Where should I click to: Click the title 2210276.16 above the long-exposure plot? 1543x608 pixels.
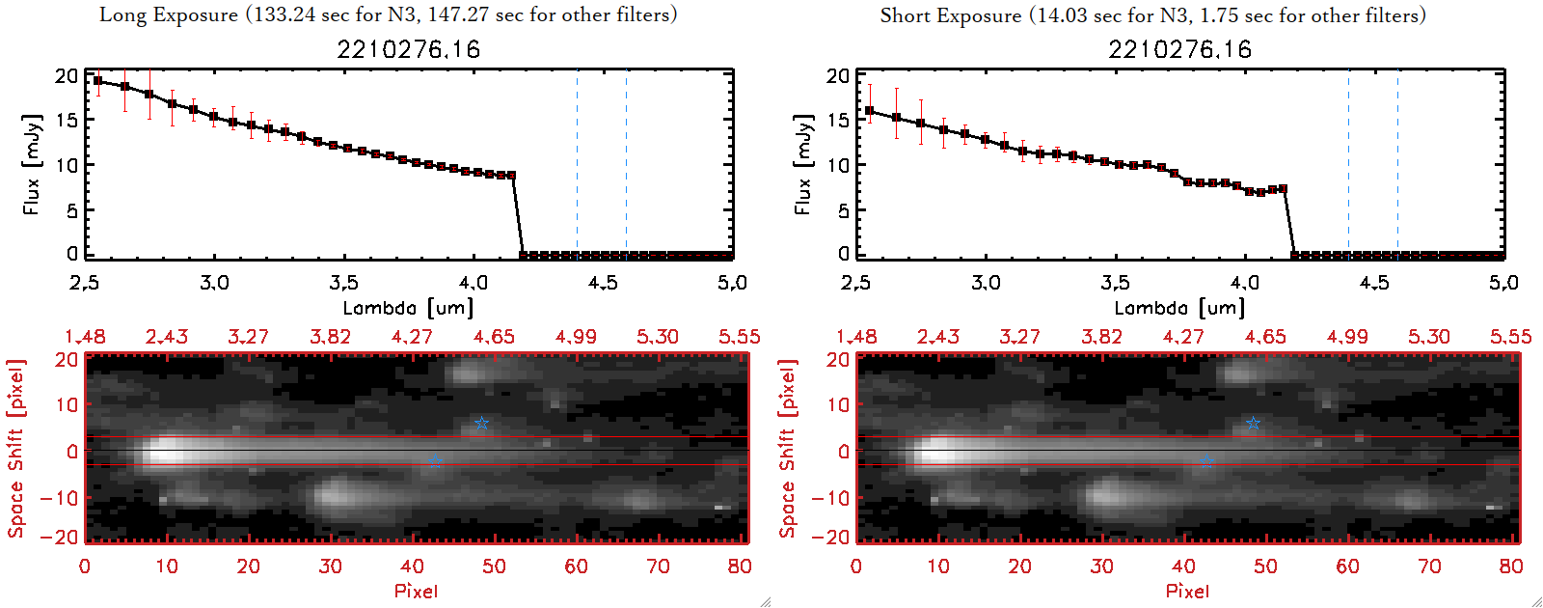[x=408, y=49]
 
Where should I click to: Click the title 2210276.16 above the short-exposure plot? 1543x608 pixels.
[x=1179, y=49]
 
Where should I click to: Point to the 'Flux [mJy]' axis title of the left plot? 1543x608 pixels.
[x=32, y=164]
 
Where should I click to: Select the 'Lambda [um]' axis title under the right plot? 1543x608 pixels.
[x=1179, y=308]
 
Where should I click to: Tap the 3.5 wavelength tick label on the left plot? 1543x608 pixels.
[x=343, y=283]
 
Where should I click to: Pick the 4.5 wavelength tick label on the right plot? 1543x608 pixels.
[x=1374, y=283]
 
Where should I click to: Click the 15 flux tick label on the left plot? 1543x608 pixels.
[x=67, y=120]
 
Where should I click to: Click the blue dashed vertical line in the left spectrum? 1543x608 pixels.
[x=577, y=164]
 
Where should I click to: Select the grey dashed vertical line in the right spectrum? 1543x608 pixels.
[x=1397, y=164]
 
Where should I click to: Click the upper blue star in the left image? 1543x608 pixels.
[x=481, y=424]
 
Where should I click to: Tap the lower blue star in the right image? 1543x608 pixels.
[x=1206, y=461]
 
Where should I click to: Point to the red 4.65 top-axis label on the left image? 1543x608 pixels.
[x=494, y=337]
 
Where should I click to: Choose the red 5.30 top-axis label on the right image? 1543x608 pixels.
[x=1428, y=337]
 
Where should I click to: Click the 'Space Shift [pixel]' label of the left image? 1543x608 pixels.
[x=15, y=449]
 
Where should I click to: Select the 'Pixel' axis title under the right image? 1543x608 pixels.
[x=1187, y=591]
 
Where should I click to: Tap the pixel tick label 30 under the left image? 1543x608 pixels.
[x=330, y=567]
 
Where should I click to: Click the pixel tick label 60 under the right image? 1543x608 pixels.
[x=1347, y=567]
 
